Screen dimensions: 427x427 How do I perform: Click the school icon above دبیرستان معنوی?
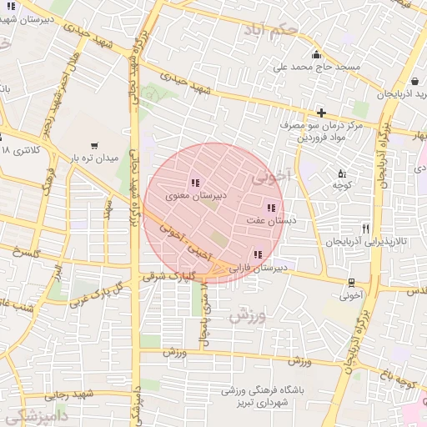click(194, 183)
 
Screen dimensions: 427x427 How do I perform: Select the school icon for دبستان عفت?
click(270, 208)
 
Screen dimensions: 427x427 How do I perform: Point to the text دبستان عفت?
click(268, 221)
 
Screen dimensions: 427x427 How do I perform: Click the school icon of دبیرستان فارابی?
click(258, 254)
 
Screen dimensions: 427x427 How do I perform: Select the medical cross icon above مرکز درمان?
click(321, 112)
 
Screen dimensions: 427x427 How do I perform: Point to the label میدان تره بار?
click(94, 158)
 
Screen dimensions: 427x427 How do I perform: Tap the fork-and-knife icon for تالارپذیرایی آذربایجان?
click(365, 228)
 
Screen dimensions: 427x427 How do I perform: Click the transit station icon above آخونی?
click(350, 282)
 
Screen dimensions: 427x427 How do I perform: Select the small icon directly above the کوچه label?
click(342, 173)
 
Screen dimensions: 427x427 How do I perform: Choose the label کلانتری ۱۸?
click(20, 150)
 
